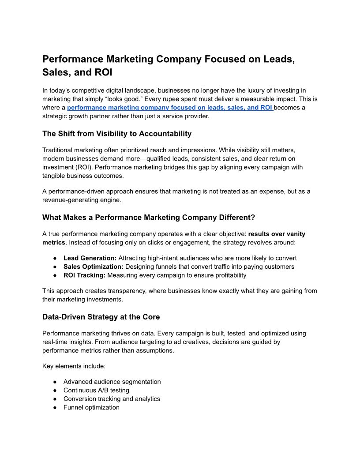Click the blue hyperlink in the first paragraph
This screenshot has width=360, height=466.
click(170, 107)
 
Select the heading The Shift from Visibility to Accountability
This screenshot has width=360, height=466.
click(117, 133)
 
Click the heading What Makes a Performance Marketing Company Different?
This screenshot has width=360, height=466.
click(149, 217)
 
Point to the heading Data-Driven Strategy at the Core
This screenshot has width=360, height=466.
click(101, 316)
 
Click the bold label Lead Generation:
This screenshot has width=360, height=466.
click(90, 258)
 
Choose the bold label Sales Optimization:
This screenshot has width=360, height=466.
click(94, 267)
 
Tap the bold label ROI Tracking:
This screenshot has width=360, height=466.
click(84, 275)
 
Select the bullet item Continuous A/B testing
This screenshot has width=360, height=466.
click(96, 390)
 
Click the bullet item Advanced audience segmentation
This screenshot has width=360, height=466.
click(112, 382)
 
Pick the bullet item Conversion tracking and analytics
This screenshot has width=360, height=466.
click(112, 398)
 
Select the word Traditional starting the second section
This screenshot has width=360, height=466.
click(59, 150)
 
